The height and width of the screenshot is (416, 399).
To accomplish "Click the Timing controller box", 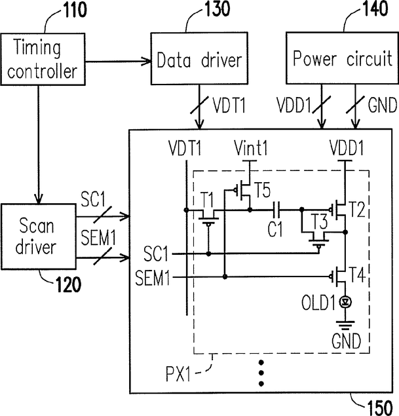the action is coord(43,59).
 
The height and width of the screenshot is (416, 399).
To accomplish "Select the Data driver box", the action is coord(199,58).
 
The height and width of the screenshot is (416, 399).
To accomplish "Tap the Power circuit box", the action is coord(342,58).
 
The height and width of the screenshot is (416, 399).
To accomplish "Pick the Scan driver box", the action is coord(39,236).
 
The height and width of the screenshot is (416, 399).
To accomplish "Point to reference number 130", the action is coord(218,9).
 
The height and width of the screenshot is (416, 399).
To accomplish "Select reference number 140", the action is coord(375,9).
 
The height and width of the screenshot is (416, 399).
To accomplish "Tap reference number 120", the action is coord(68,284).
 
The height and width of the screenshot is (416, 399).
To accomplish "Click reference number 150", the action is coord(379,407).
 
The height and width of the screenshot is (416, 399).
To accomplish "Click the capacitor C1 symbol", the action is coord(276,210).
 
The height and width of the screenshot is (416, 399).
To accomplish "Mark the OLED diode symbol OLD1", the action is coord(345,301).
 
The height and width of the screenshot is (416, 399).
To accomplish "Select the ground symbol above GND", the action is coord(345,325).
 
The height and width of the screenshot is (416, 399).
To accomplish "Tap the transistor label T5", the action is coord(263,190).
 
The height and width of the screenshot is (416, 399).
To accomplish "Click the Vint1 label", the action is coord(251,148).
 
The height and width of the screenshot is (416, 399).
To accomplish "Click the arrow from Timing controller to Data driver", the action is coord(118,62).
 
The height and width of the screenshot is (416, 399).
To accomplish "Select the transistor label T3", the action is coord(320,222).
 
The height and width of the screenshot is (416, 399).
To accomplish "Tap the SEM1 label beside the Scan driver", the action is coord(98,237).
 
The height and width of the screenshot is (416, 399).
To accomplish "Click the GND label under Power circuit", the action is coord(382,105).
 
